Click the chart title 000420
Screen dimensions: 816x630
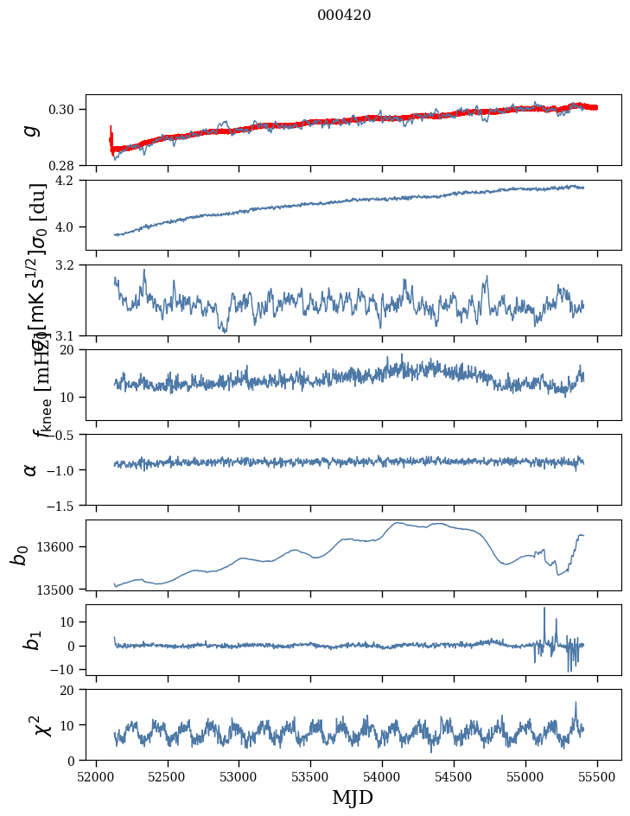(x=344, y=15)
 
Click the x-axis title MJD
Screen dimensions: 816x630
(x=353, y=797)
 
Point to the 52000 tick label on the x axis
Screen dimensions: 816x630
(x=96, y=776)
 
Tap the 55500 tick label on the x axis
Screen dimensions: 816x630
(x=598, y=776)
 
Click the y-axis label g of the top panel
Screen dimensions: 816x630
(x=31, y=130)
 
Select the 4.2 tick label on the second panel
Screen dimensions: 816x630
(x=69, y=181)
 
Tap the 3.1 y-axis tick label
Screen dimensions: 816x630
(x=69, y=335)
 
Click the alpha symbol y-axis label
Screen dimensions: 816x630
(x=31, y=469)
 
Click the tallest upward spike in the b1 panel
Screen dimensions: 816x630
(x=544, y=609)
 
